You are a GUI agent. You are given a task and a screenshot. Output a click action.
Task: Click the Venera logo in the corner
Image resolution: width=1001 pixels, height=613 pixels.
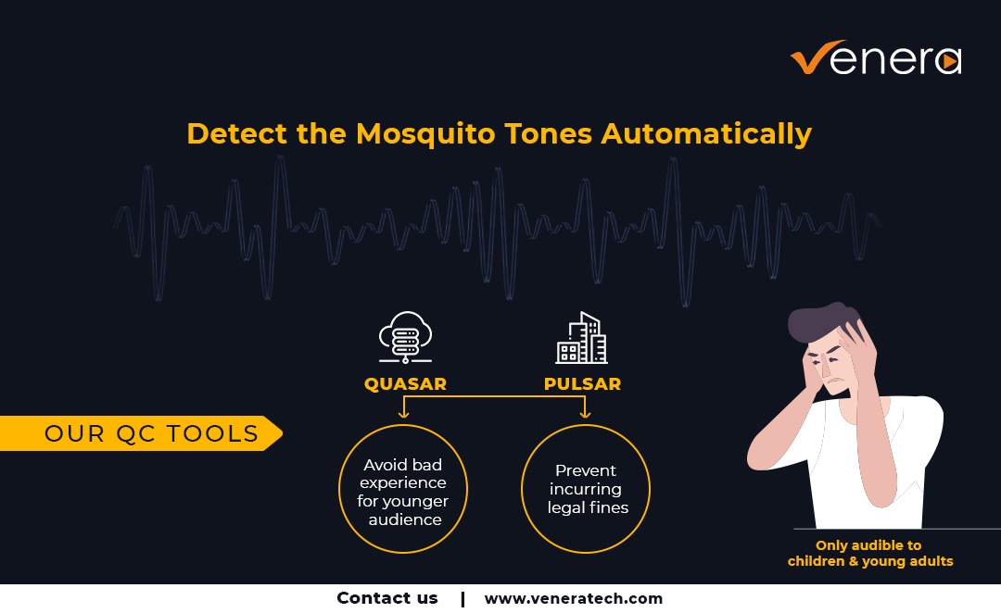click(876, 57)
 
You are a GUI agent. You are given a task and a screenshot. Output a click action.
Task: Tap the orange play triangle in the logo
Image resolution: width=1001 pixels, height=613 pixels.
click(950, 61)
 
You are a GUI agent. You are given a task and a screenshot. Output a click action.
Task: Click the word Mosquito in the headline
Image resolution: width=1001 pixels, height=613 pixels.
click(425, 134)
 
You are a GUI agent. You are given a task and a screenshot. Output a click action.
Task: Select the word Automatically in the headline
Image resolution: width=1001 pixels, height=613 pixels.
click(706, 134)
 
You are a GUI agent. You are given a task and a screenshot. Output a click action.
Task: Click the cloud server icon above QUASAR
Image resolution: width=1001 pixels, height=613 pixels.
click(405, 337)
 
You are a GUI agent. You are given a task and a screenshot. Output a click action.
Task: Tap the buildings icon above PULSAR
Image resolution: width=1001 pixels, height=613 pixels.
click(581, 337)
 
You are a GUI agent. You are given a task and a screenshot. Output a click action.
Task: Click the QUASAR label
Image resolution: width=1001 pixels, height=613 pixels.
click(405, 384)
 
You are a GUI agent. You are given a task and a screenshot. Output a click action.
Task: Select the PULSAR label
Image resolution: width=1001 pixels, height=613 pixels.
click(582, 384)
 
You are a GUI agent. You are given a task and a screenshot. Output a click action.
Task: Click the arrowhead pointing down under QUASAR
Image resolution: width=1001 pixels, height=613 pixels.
click(403, 414)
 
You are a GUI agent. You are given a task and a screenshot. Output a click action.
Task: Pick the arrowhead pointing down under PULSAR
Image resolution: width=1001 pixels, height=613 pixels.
click(585, 414)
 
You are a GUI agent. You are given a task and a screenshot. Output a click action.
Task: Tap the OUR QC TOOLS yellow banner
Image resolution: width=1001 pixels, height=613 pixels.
click(141, 433)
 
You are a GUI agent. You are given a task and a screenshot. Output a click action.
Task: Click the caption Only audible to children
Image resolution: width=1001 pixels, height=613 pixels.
click(870, 553)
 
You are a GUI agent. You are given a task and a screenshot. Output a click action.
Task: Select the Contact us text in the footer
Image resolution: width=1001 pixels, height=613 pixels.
click(386, 598)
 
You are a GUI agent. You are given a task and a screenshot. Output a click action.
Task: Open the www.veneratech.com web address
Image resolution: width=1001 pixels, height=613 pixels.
click(574, 599)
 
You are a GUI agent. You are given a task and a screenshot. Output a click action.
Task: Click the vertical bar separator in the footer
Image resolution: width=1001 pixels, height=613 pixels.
click(462, 599)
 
